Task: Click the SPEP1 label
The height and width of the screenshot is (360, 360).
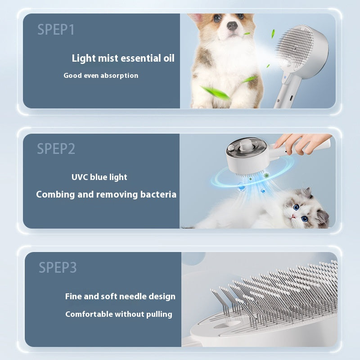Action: coord(56,30)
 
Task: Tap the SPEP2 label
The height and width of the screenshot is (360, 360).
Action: coord(56,149)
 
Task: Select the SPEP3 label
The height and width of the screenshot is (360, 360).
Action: coord(58,267)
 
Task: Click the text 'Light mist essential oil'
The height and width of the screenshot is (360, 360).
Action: coord(123,58)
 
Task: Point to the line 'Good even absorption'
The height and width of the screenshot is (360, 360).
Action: coord(101,76)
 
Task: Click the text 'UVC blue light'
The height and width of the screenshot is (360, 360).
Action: coord(99,177)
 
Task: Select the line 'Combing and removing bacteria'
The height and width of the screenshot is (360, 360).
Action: coord(106,194)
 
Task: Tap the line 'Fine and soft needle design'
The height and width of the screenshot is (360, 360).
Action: coord(120,297)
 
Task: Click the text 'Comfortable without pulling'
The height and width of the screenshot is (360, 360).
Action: coord(119,314)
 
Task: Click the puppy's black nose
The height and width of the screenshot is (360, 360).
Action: coord(232,26)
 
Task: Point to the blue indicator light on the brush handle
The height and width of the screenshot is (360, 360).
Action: coord(285,82)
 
